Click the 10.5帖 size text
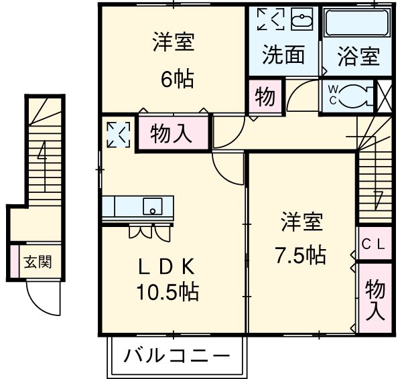[167, 292]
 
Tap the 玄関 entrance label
[38, 261]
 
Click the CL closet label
[373, 244]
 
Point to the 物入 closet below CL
[375, 298]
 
